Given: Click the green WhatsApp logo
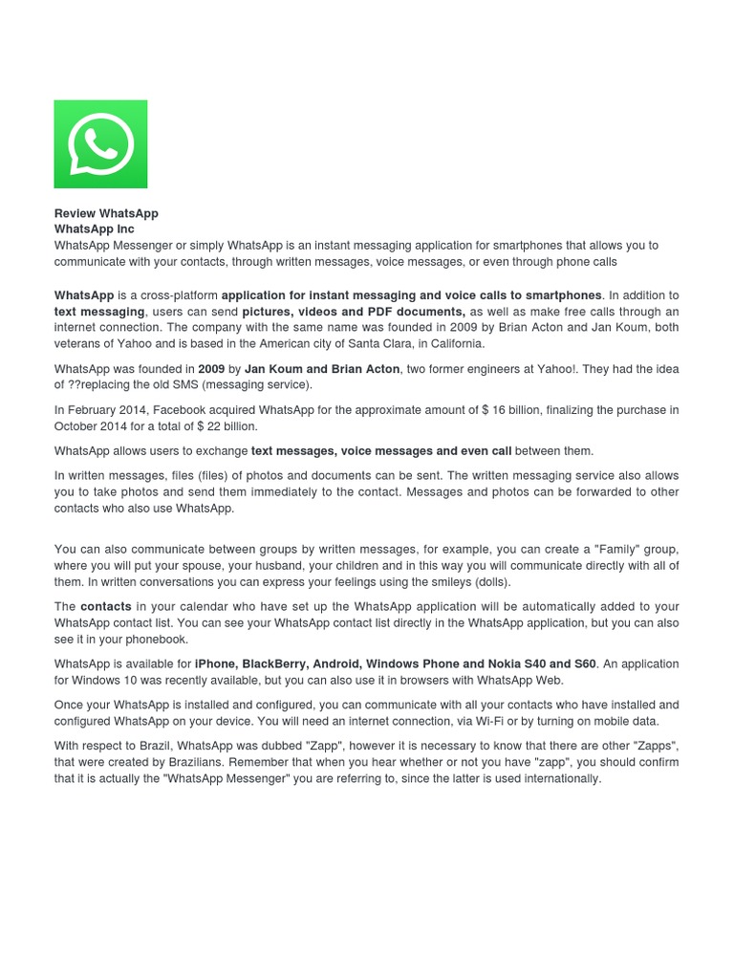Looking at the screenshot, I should [x=100, y=144].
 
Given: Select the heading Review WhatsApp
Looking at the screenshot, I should [x=106, y=213].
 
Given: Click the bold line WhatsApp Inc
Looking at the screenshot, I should [x=95, y=229].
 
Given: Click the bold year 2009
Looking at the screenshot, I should [x=211, y=369].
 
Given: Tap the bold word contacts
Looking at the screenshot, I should [x=105, y=606].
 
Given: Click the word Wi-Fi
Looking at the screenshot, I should [x=503, y=721].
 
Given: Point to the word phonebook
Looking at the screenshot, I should [x=157, y=639].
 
